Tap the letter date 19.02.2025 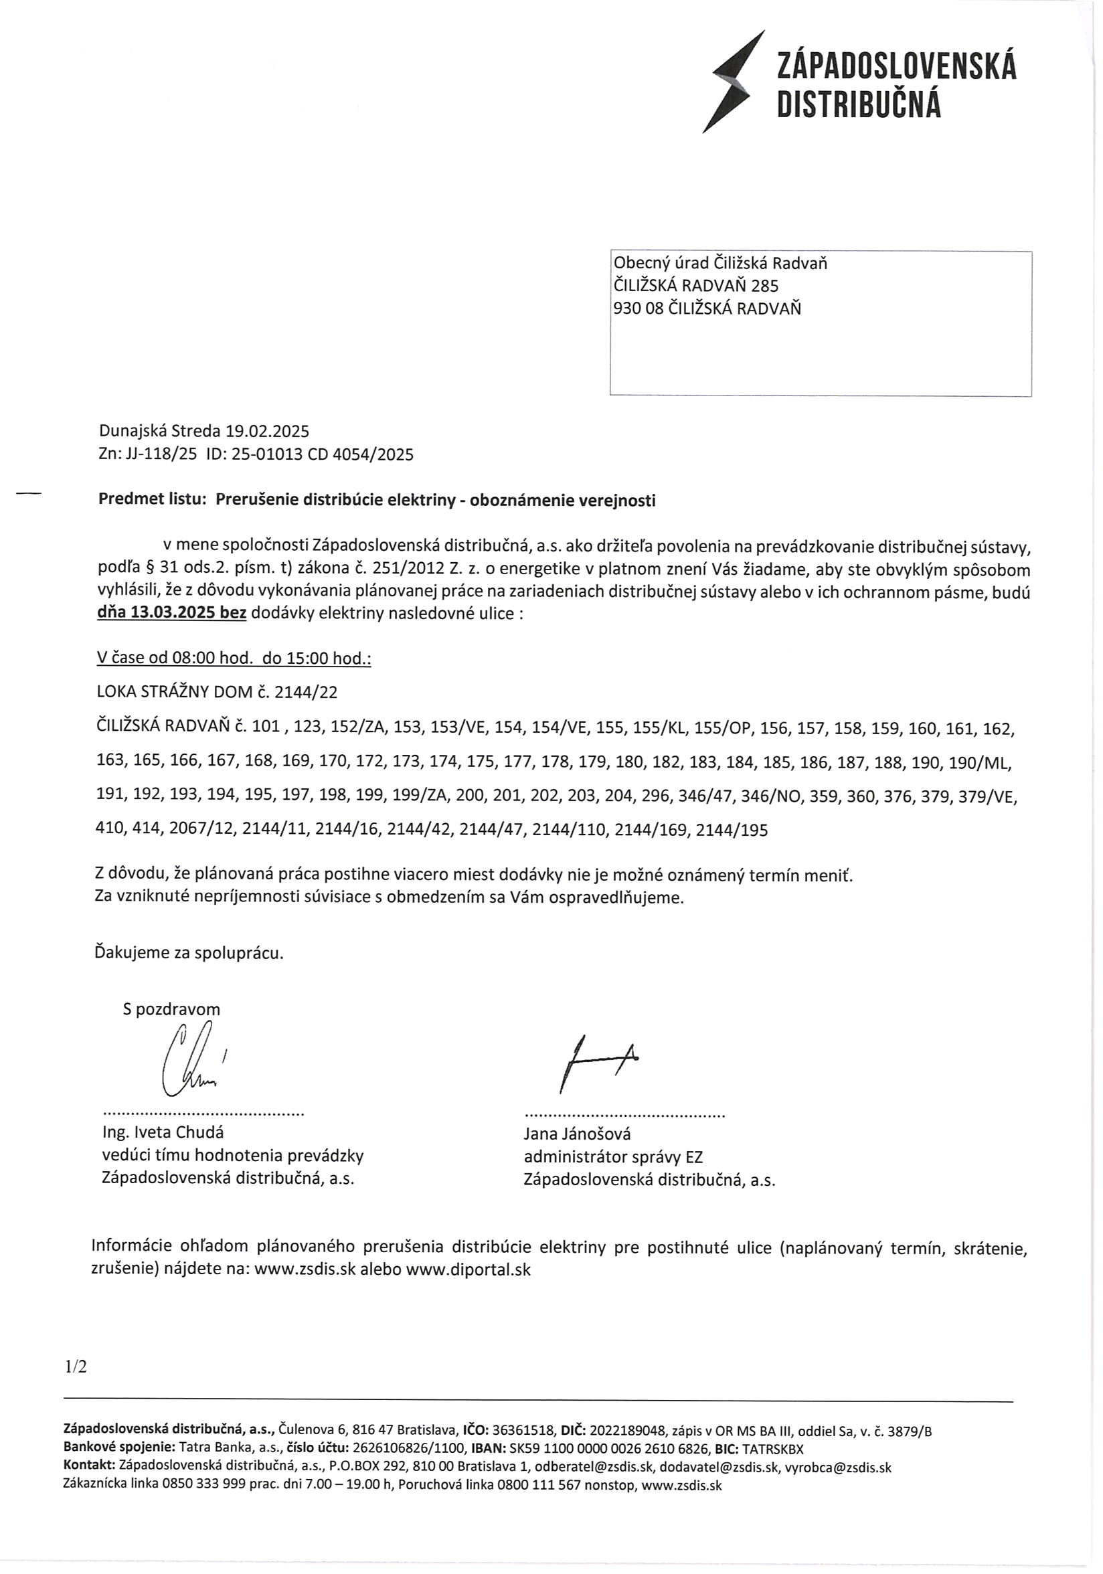[267, 431]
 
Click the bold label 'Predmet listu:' [152, 500]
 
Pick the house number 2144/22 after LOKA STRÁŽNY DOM [306, 693]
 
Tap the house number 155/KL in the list [654, 729]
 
